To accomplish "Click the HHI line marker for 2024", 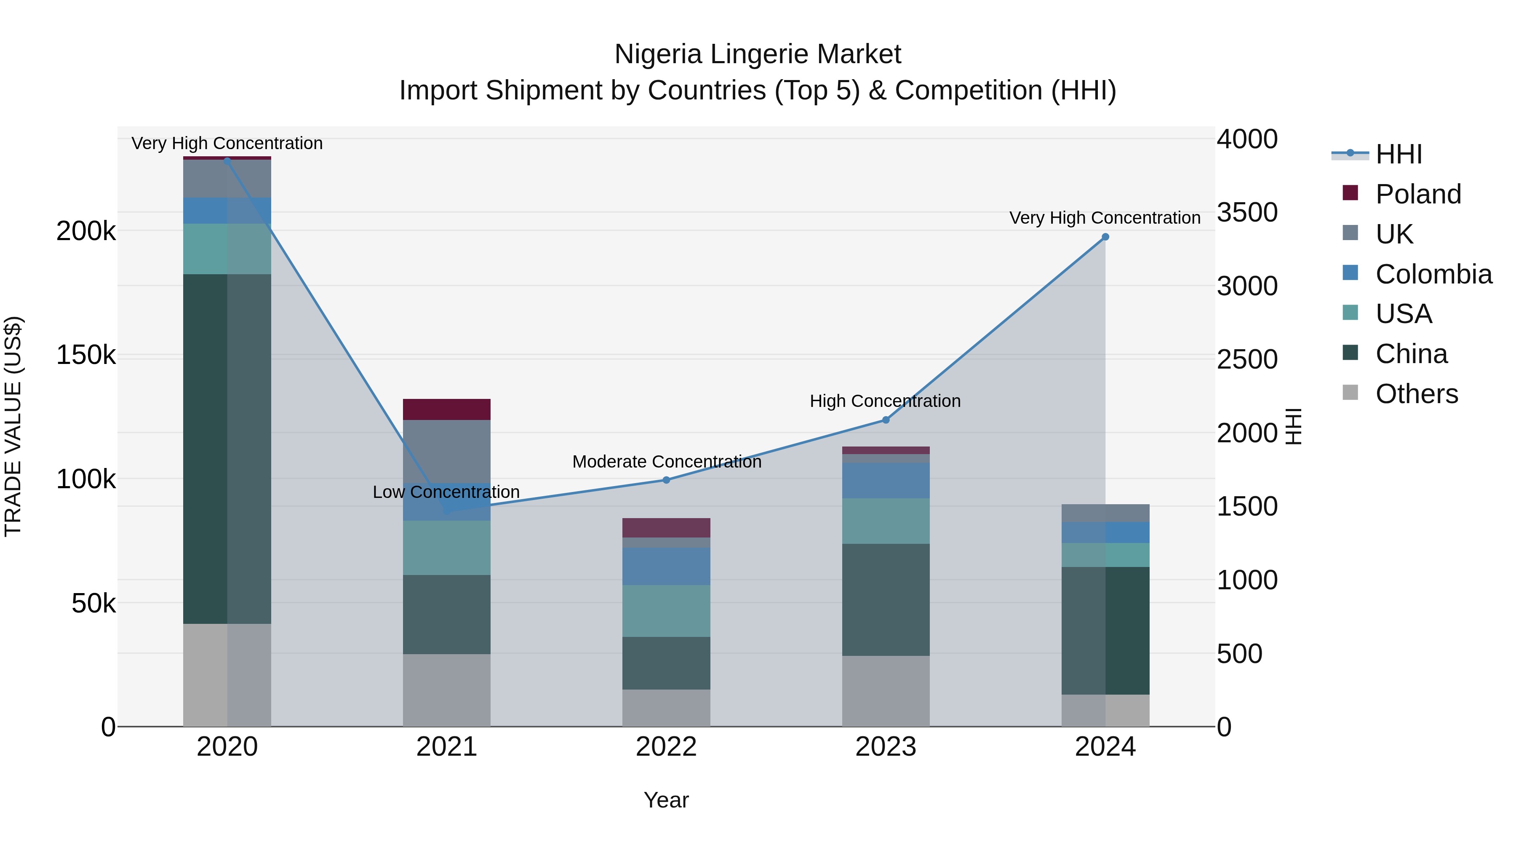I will click(1105, 237).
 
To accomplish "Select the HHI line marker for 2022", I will click(666, 480).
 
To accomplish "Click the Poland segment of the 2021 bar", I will click(447, 409).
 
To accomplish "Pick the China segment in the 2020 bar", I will click(227, 449).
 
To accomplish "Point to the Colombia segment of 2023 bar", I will click(886, 480).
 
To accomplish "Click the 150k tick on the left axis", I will click(86, 355).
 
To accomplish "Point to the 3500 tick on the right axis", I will click(1247, 213).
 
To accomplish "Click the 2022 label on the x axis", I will click(666, 747).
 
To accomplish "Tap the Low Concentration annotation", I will click(446, 492).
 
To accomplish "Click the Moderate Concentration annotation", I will click(667, 462).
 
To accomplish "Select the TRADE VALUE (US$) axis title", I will click(13, 426).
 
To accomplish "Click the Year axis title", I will click(666, 800).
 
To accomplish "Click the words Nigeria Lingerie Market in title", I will click(758, 54).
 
